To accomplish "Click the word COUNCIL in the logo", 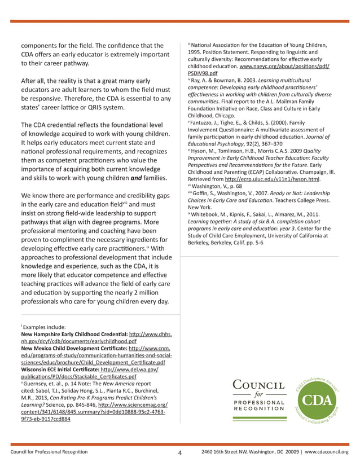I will click(259, 385).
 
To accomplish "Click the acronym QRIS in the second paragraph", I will click(87, 107).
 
